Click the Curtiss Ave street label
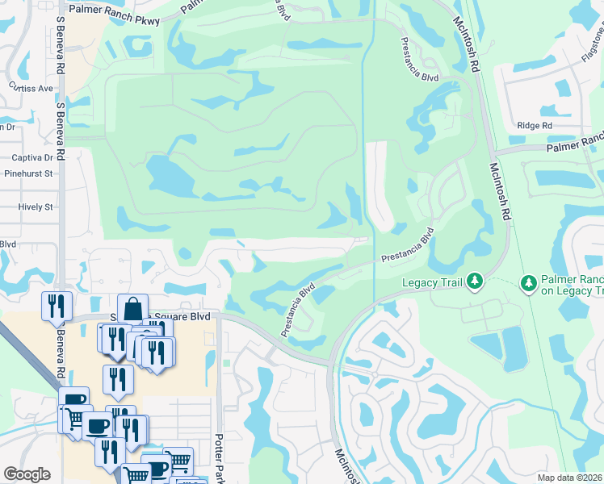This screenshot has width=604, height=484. point(30,87)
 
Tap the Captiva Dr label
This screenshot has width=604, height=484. point(31,158)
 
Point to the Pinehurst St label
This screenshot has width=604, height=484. point(28,173)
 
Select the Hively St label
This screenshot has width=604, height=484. point(35,207)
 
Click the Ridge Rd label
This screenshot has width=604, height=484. point(535,126)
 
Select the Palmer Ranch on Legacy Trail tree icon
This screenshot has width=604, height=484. point(529,282)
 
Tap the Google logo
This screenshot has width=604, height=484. point(27,474)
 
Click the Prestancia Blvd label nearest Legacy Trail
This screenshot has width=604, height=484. point(409,244)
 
